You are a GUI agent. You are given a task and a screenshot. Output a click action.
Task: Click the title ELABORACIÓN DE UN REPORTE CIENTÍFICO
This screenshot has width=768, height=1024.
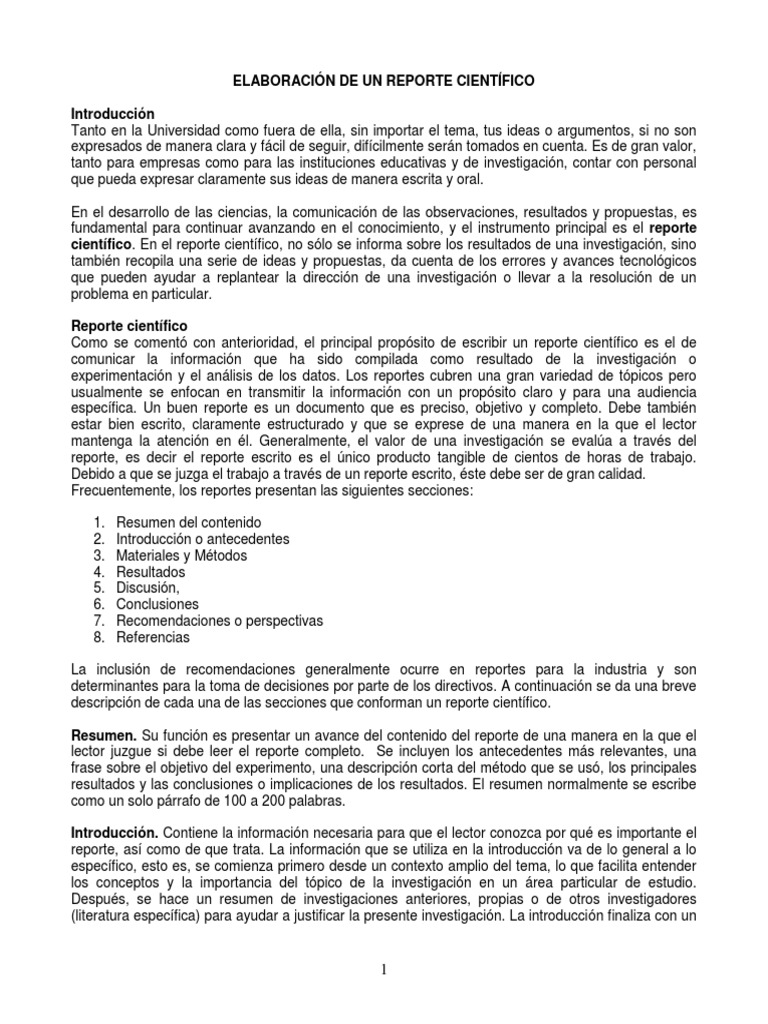(x=384, y=89)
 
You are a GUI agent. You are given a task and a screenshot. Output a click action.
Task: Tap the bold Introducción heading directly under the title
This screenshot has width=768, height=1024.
(x=113, y=115)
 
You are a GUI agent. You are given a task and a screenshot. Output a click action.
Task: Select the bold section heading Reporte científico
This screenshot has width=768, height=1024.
(x=128, y=326)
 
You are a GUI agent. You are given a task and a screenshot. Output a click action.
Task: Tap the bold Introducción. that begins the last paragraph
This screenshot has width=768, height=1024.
(x=115, y=833)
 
